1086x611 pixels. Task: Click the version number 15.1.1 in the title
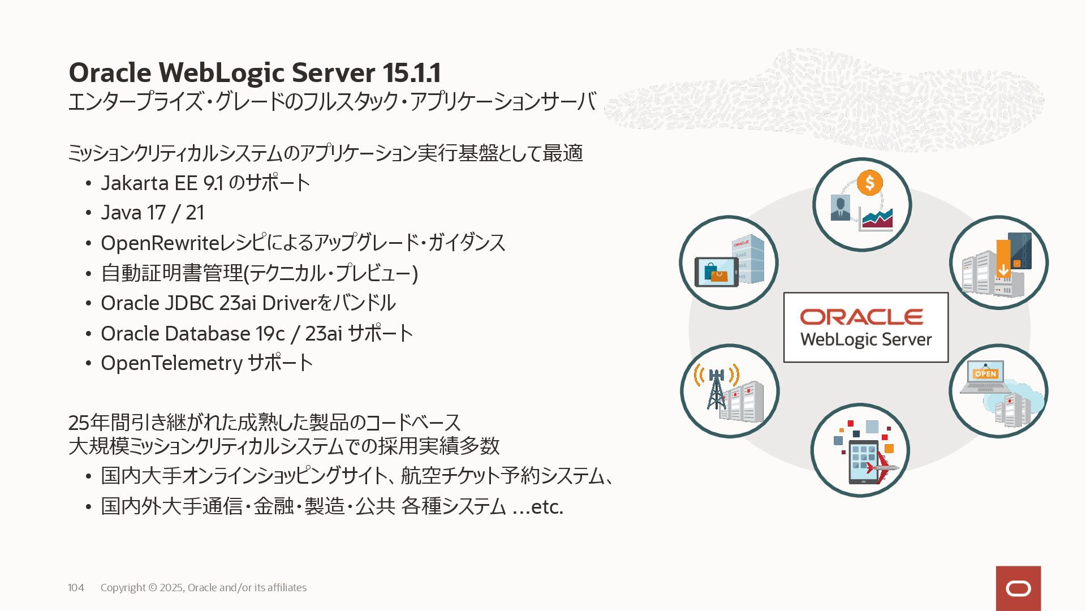(x=411, y=72)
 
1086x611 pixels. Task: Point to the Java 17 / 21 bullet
(x=152, y=213)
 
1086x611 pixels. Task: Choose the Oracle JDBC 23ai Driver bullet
(x=248, y=303)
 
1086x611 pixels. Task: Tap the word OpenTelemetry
(x=171, y=363)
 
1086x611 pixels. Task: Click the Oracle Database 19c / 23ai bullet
(x=256, y=333)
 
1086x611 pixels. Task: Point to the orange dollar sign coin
(x=869, y=183)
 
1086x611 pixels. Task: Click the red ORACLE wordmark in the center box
(x=861, y=317)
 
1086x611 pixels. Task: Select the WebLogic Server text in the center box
(x=865, y=340)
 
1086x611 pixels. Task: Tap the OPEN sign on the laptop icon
(x=985, y=374)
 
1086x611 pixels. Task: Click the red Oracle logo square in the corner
(x=1018, y=588)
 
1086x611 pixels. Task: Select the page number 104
(x=76, y=588)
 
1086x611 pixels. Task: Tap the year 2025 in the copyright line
(x=171, y=588)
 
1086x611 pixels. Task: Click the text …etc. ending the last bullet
(x=538, y=506)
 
